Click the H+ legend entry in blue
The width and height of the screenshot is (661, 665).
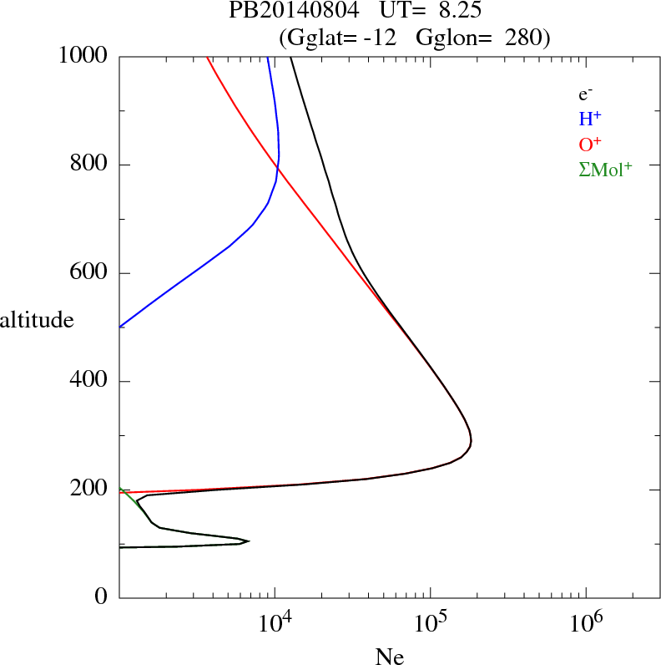590,119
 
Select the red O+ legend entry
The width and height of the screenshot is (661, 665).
591,144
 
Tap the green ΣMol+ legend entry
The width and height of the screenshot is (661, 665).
605,169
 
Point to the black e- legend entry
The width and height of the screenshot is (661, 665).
586,94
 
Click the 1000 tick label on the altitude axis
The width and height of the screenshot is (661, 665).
83,56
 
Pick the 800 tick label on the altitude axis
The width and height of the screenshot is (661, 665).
89,165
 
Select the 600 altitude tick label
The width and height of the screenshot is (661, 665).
89,273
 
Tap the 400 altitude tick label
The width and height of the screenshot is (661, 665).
89,381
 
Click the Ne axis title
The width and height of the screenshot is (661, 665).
389,657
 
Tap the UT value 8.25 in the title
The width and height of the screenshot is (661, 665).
457,12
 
